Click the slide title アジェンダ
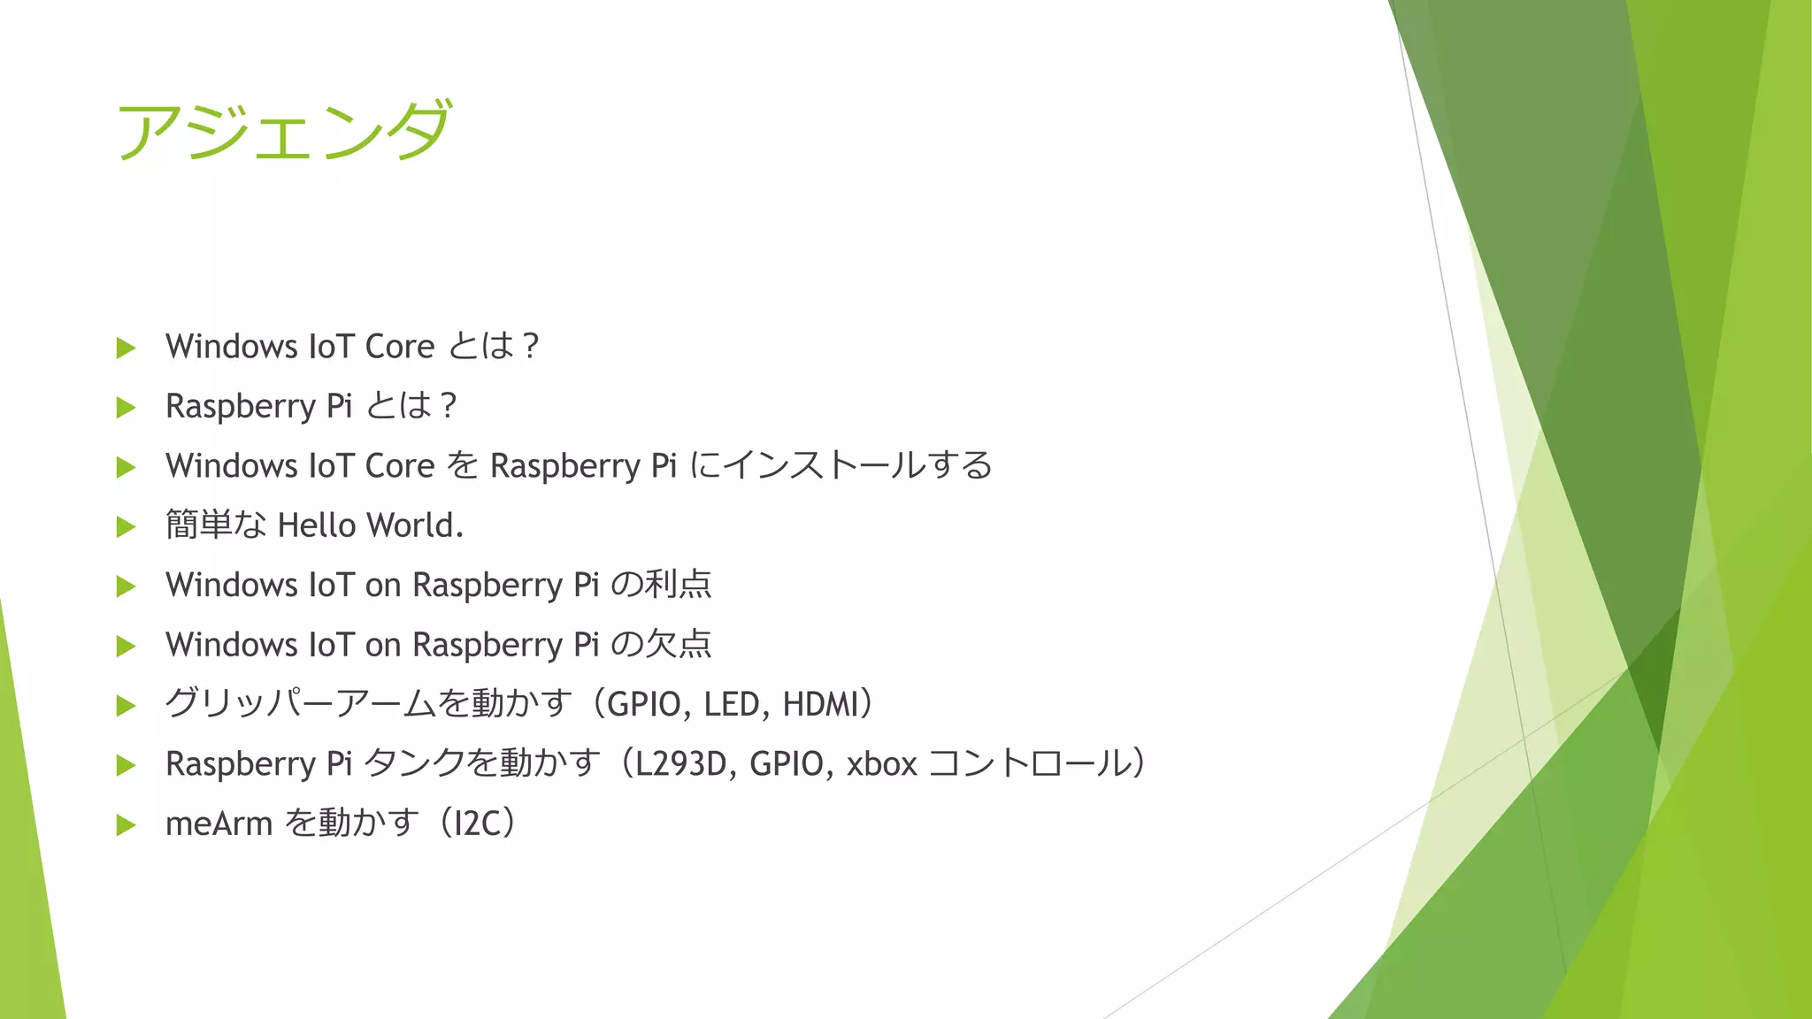[284, 131]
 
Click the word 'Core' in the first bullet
[399, 347]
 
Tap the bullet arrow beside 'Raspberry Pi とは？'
[127, 408]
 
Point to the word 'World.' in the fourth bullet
[415, 525]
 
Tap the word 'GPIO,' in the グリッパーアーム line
[649, 704]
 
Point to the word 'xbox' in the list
[881, 763]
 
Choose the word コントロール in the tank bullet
[1031, 763]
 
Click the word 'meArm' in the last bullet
[219, 824]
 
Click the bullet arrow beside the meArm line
[127, 825]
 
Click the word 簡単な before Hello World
[216, 525]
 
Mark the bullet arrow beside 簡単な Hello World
[127, 527]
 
